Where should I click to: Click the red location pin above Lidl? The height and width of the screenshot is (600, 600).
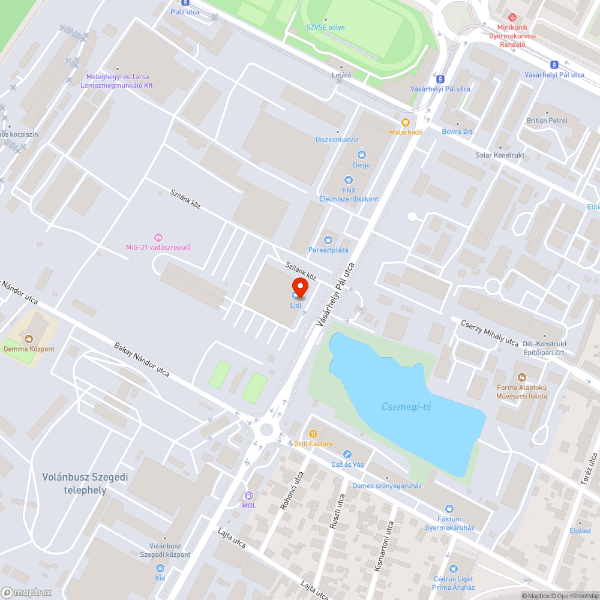[300, 286]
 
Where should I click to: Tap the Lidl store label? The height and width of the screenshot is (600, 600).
[296, 305]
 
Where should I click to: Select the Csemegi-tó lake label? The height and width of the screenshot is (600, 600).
[406, 407]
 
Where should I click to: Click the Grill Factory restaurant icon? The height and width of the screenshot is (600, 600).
[313, 433]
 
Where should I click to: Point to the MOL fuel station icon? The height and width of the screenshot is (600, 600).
[248, 496]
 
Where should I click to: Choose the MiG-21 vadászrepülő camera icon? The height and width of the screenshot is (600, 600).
[158, 238]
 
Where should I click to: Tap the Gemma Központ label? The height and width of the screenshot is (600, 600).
[29, 349]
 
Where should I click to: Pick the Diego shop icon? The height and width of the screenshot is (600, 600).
[361, 155]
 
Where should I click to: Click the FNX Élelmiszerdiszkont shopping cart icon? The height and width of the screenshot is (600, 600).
[349, 180]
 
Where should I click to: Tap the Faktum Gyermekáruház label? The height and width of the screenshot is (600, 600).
[449, 523]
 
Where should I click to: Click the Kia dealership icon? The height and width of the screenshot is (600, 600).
[160, 568]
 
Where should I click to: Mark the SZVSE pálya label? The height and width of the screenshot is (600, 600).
[326, 28]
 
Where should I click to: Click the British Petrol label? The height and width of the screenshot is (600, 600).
[547, 121]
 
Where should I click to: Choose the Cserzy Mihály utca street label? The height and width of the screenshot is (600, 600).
[490, 332]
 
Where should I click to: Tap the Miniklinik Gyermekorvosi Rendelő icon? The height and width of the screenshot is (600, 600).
[511, 17]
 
